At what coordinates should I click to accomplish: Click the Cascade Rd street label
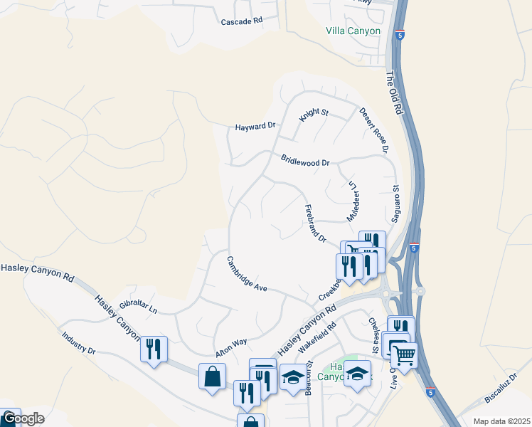[242, 21]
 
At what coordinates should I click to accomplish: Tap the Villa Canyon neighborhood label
[353, 31]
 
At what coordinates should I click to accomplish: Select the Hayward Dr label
[255, 127]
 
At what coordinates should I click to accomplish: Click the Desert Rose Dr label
[373, 130]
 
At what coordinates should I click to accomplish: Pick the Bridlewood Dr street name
[305, 161]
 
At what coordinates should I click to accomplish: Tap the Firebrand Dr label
[314, 223]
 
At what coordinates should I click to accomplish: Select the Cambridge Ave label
[247, 274]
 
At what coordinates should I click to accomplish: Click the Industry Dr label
[78, 343]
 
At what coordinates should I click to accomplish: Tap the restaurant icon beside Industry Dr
[154, 349]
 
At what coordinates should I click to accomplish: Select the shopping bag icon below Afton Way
[213, 376]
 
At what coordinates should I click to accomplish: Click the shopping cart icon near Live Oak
[404, 355]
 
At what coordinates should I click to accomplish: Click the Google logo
[22, 418]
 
